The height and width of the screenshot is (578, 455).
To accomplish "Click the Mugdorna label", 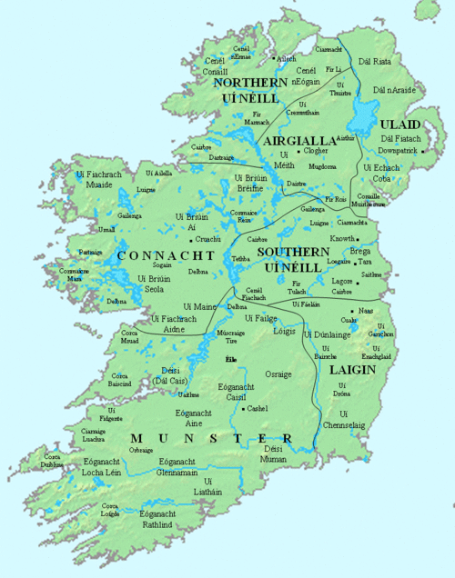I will click(322, 167).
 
